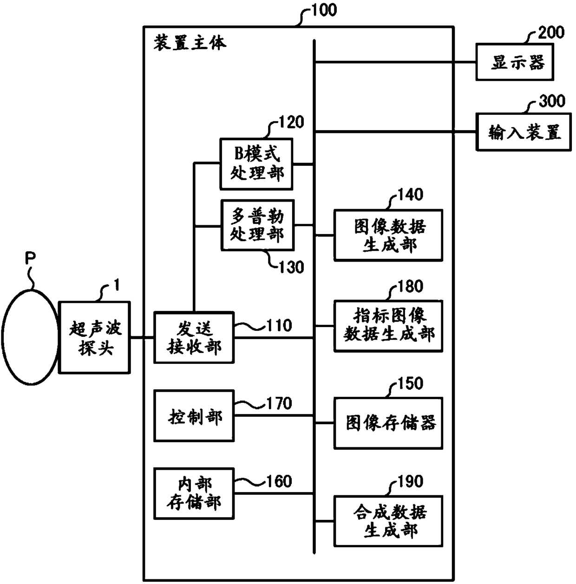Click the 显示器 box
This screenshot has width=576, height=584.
pyautogui.click(x=515, y=62)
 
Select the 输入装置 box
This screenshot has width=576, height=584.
pyautogui.click(x=523, y=132)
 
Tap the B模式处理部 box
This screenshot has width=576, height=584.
pyautogui.click(x=256, y=164)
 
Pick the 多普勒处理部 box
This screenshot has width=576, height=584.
pyautogui.click(x=257, y=225)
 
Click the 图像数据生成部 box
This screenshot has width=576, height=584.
pyautogui.click(x=388, y=235)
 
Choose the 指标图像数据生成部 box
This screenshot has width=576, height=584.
pyautogui.click(x=388, y=326)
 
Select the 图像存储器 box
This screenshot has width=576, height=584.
pyautogui.click(x=388, y=423)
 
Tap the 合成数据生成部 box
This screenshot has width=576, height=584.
pyautogui.click(x=388, y=521)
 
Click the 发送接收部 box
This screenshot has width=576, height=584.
pyautogui.click(x=194, y=337)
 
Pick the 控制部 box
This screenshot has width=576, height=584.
pyautogui.click(x=194, y=416)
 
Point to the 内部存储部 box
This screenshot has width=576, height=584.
pyautogui.click(x=194, y=494)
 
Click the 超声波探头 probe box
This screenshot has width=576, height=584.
pyautogui.click(x=94, y=337)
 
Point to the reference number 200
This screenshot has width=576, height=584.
pyautogui.click(x=551, y=32)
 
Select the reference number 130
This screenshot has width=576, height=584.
pyautogui.click(x=291, y=267)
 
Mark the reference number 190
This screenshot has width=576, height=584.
pyautogui.click(x=410, y=481)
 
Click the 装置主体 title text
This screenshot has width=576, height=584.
pyautogui.click(x=190, y=42)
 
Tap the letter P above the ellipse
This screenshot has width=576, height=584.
pyautogui.click(x=30, y=258)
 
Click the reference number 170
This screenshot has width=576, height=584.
pyautogui.click(x=279, y=403)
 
